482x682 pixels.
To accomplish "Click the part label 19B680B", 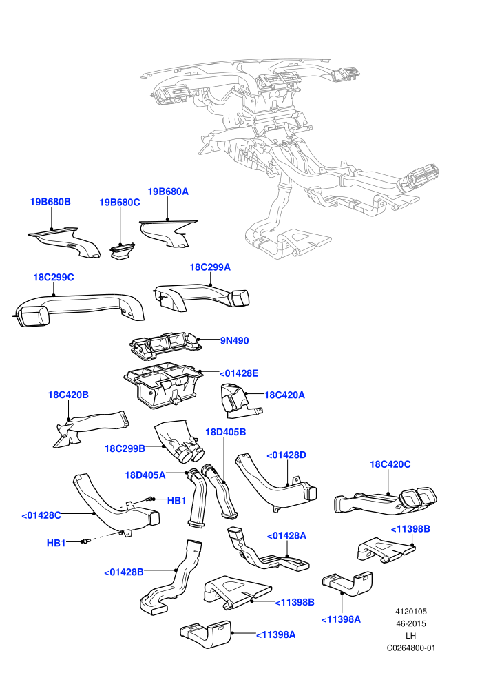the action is coord(50,202).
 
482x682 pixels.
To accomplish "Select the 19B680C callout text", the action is coord(120,203).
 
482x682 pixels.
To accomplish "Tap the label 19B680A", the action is coord(168,192).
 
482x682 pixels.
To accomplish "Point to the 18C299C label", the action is coord(54,277).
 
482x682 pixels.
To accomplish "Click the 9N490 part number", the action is coord(235,340).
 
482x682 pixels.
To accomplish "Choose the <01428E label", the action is coord(239,373).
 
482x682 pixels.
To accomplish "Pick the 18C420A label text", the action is coord(284,395).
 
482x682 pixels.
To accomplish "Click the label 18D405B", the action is coord(226,432).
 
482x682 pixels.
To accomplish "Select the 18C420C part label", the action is coord(390,464).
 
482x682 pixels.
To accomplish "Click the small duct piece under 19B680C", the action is coord(122,252).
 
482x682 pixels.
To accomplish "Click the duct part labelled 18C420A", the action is coord(238,400).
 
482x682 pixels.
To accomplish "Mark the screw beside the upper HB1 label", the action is coord(151,499).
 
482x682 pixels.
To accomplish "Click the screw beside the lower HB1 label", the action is coord(85,541).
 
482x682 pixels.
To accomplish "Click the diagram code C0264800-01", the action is coord(411,648).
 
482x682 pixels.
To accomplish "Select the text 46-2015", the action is coord(411,623).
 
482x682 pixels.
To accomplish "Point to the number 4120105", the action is coord(411,612).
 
